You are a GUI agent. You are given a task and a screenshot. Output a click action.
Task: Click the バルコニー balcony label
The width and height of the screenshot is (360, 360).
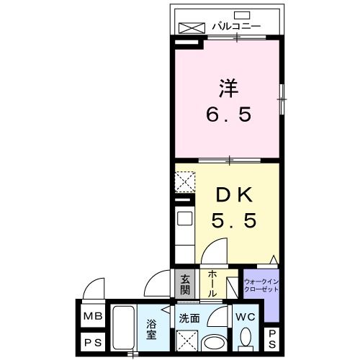coord(236,27)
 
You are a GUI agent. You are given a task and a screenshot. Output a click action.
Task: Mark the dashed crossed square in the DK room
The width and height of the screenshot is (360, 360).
coord(185,181)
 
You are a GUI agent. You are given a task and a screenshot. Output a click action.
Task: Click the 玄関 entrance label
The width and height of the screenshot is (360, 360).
coord(185,284)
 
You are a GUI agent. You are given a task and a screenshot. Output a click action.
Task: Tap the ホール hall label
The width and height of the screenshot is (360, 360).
coord(212,285)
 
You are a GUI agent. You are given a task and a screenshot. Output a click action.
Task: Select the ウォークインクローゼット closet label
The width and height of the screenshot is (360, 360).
coord(259,285)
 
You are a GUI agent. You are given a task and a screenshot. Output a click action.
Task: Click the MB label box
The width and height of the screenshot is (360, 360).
coord(91,316)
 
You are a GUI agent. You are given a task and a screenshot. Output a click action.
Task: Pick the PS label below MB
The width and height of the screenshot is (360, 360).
coord(91,342)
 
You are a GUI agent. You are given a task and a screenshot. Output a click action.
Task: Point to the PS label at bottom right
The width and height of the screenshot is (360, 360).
coord(274,338)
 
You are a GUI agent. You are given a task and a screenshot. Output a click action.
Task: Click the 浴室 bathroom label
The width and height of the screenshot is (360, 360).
coord(152,328)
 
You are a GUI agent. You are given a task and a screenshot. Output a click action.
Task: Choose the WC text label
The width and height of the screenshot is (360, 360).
coord(246,316)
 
